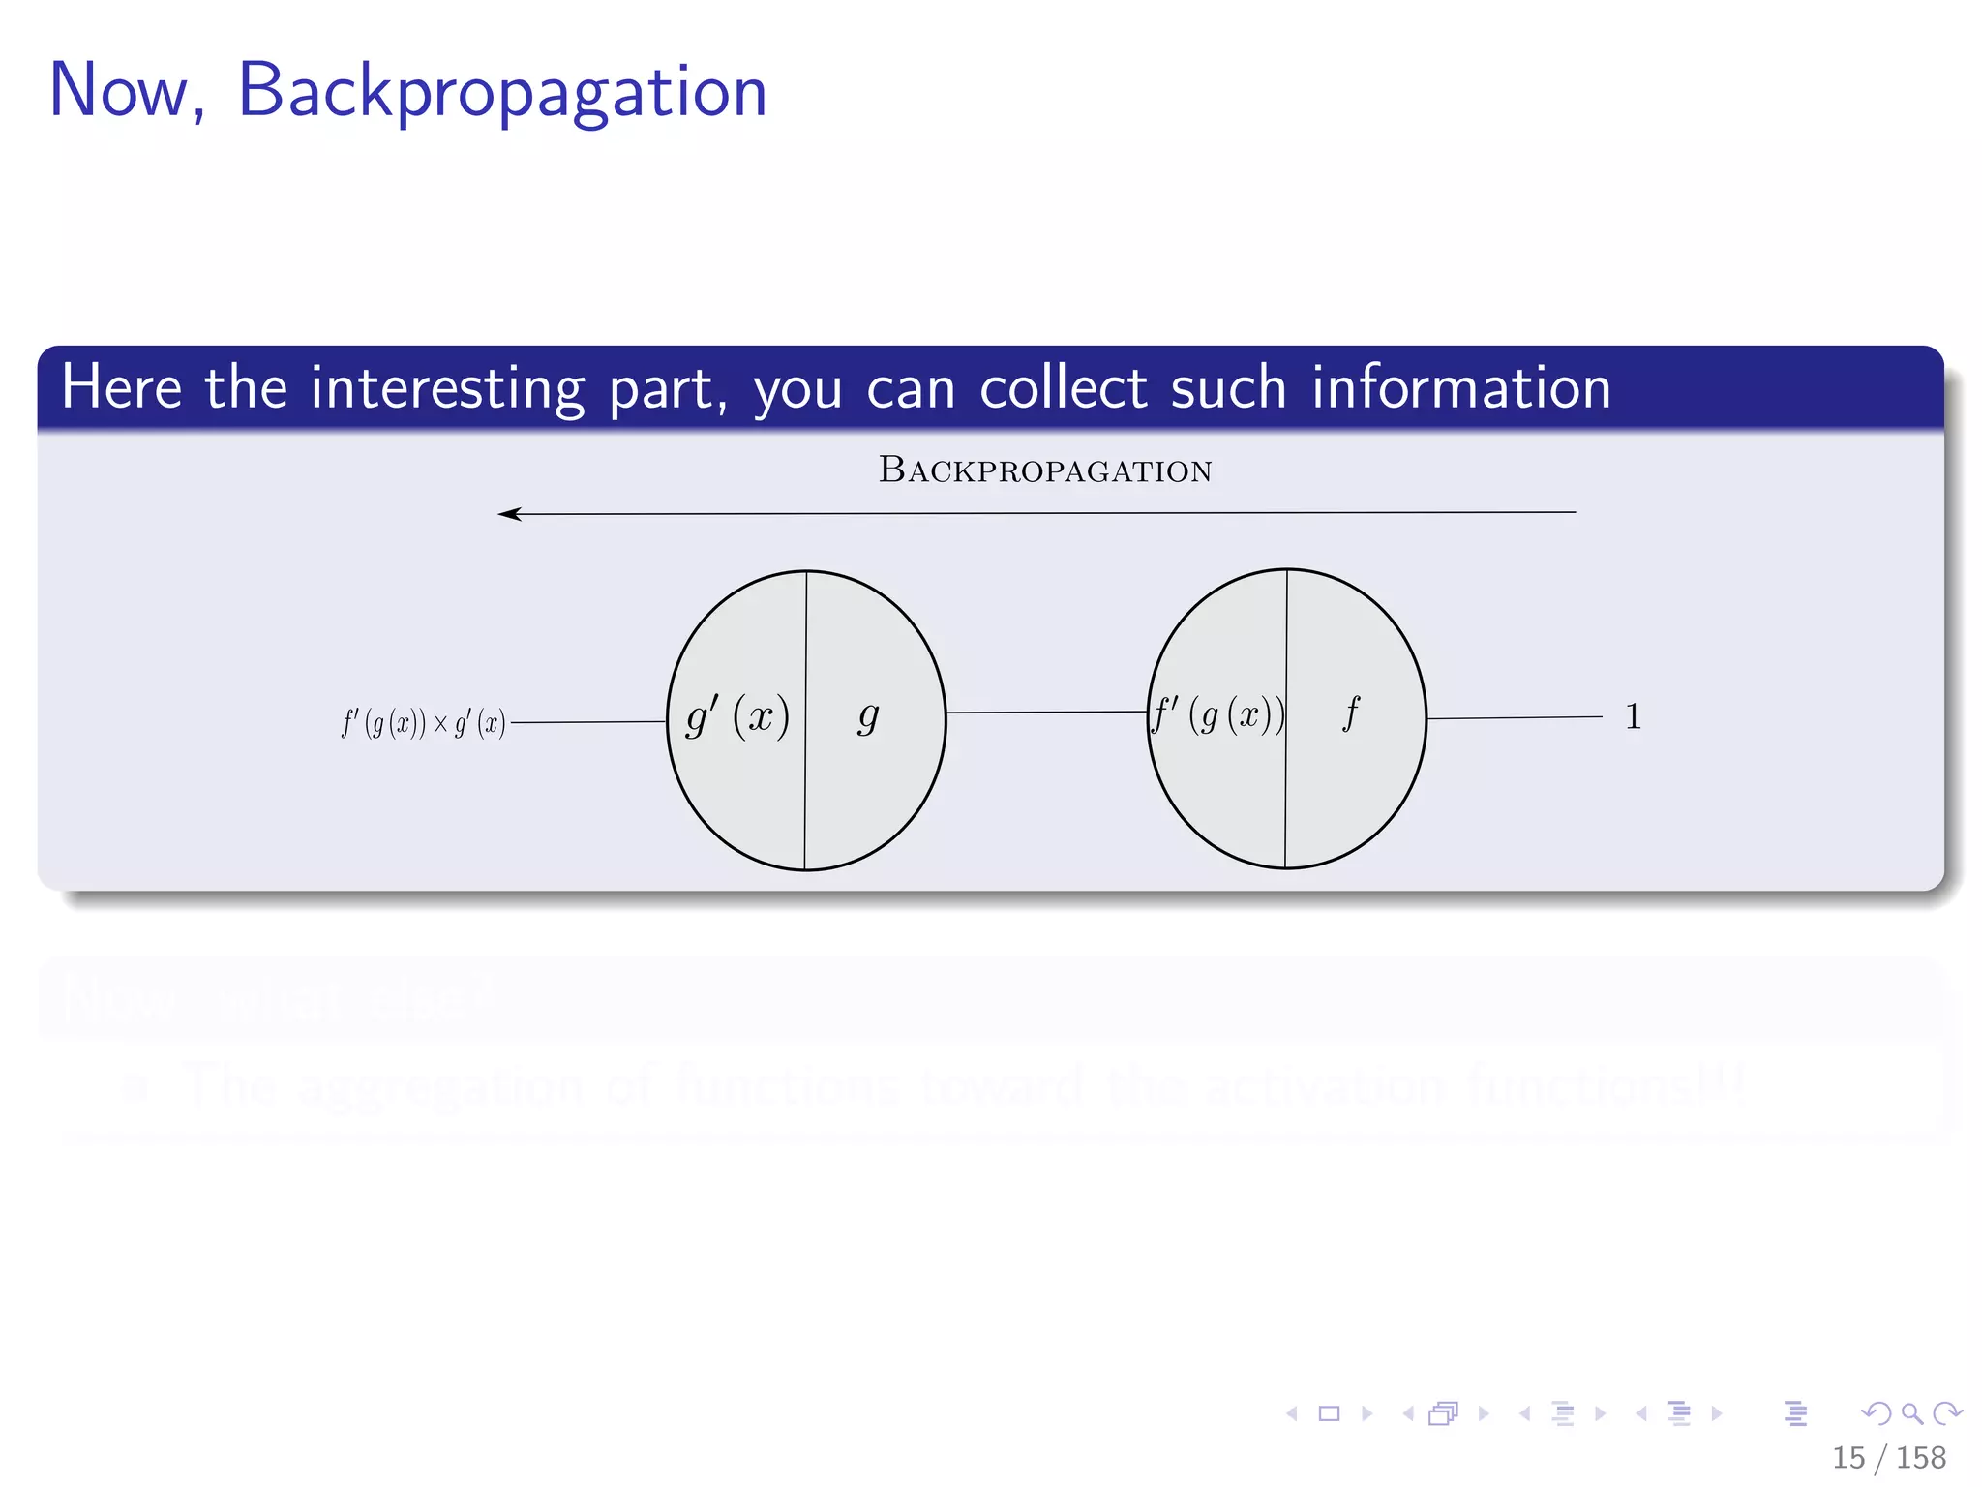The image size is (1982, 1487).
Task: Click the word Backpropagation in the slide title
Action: pos(502,92)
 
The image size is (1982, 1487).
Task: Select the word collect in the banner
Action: pos(1064,388)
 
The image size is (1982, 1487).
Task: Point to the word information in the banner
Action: pos(1460,388)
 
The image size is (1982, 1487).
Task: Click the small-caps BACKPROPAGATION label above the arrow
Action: pos(1045,470)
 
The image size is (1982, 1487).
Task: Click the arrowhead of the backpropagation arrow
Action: pos(508,514)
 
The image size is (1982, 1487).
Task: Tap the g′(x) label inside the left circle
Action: pos(737,717)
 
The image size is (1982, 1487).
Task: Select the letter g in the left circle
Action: pos(868,717)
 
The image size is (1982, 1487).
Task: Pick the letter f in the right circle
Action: pos(1351,713)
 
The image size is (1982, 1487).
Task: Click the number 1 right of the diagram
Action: pos(1633,717)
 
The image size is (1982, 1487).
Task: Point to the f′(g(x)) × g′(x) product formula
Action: pos(423,723)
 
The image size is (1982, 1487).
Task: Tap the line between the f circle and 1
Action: pos(1515,717)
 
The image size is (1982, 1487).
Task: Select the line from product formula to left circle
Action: pos(588,722)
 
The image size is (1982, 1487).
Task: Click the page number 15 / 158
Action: pos(1888,1457)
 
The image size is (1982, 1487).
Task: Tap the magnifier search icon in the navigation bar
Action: pos(1911,1413)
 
